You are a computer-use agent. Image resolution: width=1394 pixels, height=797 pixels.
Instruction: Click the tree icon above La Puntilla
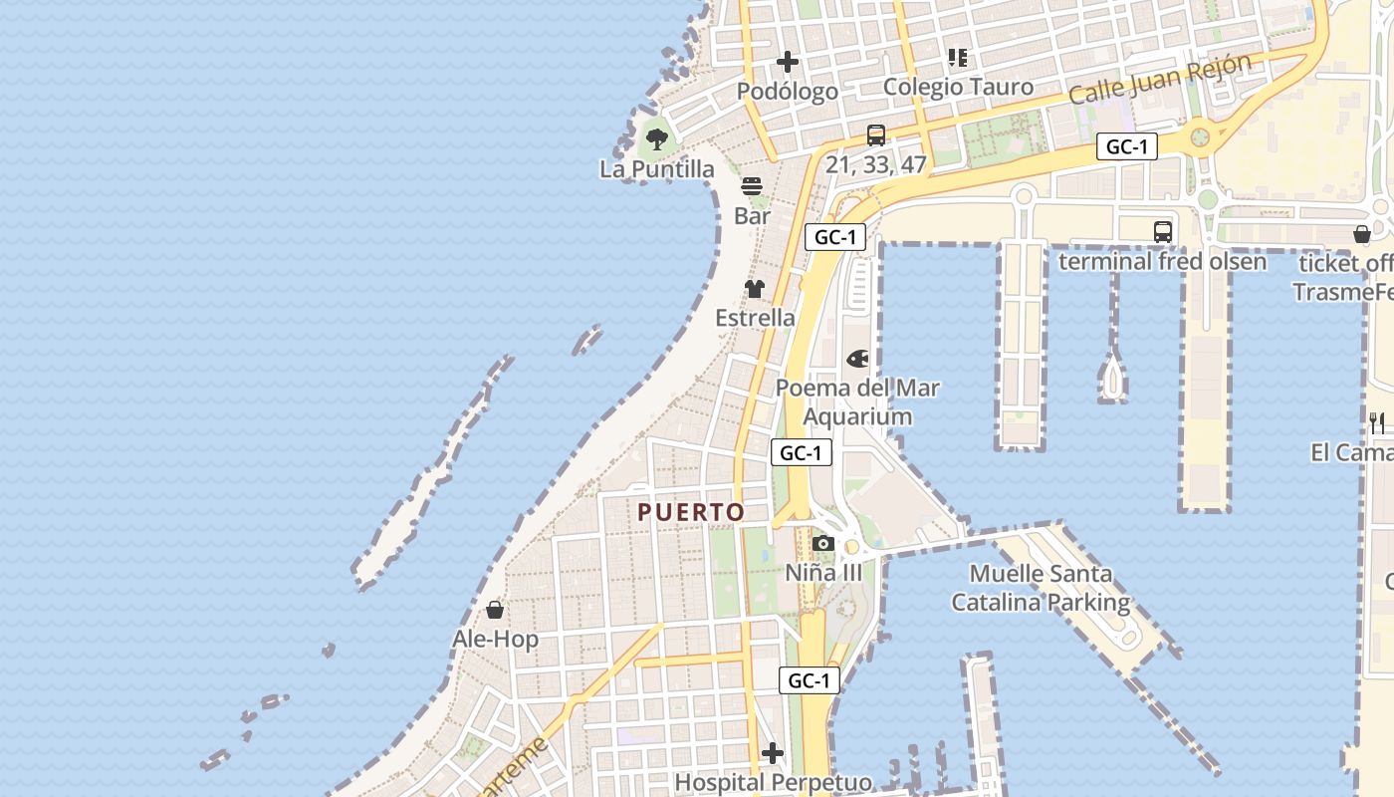[656, 139]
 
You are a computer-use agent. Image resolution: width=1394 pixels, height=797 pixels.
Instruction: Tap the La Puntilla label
[657, 169]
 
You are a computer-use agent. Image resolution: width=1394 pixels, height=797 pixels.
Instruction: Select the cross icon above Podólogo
[788, 62]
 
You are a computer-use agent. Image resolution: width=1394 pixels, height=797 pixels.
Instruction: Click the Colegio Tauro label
[958, 87]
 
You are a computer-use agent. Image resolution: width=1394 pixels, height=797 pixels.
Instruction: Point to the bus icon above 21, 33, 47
[876, 134]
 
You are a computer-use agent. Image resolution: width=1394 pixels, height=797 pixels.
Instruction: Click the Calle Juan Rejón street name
[1160, 79]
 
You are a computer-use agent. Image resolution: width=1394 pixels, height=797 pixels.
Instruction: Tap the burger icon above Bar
[752, 186]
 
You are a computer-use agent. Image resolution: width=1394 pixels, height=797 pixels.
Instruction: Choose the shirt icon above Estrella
[755, 289]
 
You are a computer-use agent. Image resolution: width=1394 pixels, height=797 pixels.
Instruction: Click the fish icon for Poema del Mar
[857, 359]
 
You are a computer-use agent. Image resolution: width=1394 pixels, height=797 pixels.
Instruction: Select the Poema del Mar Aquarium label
[857, 402]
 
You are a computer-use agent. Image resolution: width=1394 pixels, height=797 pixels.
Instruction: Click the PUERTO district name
[691, 512]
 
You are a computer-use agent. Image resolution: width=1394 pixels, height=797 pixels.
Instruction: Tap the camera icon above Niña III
[823, 543]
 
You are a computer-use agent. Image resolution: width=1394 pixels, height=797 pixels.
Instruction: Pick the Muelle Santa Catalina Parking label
[1041, 588]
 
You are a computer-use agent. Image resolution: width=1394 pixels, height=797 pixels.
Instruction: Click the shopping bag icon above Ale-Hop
[495, 610]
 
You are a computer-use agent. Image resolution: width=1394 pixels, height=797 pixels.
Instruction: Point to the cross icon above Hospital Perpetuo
[773, 753]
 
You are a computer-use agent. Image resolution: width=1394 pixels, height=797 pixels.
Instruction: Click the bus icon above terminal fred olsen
[1162, 232]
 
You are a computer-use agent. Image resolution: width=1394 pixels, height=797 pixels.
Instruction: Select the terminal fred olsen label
[1162, 262]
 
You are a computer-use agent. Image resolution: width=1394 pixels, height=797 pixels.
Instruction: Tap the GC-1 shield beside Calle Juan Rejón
[1127, 147]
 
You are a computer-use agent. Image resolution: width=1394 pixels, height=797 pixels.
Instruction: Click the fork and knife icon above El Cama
[1377, 422]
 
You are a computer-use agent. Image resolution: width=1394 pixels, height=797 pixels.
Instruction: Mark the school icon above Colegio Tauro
[958, 58]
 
